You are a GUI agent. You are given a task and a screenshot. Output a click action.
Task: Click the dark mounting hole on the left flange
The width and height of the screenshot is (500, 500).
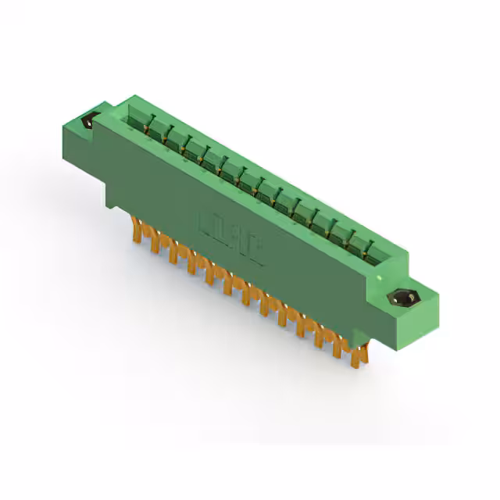[87, 121]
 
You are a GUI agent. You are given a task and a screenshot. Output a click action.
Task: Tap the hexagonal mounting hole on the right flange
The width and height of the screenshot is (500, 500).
[405, 298]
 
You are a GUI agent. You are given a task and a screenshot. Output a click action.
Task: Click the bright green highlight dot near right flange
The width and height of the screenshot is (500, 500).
[380, 277]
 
